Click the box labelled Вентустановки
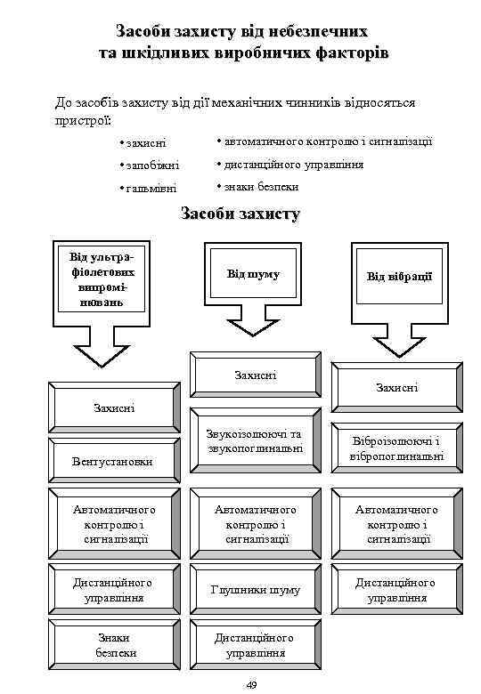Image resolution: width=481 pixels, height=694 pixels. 112,460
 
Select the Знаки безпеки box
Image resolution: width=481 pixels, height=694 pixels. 115,645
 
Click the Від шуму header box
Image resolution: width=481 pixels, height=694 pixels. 253,274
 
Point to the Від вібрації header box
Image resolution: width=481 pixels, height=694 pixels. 399,277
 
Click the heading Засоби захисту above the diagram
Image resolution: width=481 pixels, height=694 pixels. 240,214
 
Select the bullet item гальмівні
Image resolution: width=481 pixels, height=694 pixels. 150,189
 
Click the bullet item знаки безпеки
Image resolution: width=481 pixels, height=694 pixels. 261,187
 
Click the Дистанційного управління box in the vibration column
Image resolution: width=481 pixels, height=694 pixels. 396,589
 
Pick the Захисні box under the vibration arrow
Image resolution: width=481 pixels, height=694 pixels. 396,387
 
